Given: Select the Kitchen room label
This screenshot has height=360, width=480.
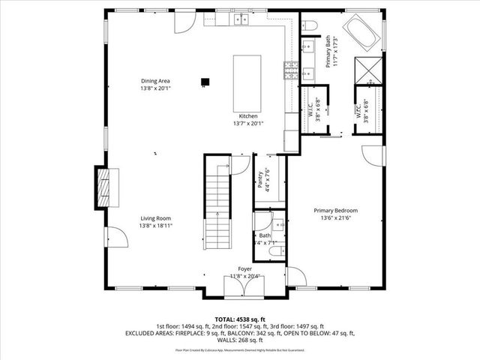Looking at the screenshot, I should (x=248, y=116).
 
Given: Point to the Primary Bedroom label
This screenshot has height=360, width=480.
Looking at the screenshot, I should (x=335, y=211).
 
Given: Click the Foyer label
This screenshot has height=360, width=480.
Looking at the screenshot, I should (x=245, y=268).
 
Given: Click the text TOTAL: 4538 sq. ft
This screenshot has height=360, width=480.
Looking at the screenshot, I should (x=241, y=318).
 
